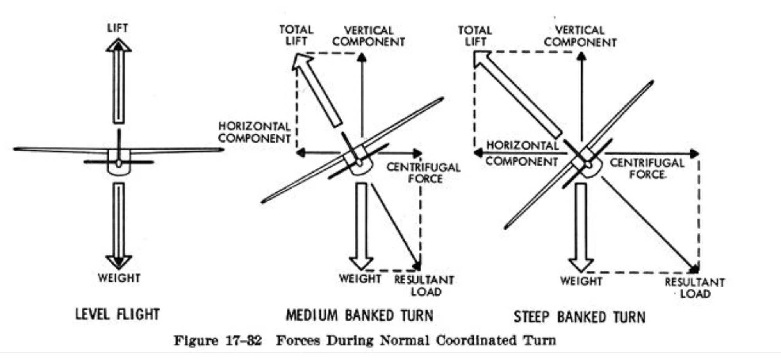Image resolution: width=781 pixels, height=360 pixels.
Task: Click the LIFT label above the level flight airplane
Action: click(x=118, y=28)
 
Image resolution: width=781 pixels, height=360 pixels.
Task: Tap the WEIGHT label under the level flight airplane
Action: click(x=119, y=278)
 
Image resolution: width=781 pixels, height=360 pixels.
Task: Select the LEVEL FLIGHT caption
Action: click(x=118, y=314)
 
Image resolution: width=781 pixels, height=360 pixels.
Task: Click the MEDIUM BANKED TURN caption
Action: click(x=359, y=315)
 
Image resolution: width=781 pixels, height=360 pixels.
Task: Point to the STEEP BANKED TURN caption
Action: click(x=579, y=317)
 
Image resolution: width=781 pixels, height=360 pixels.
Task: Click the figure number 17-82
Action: click(x=243, y=340)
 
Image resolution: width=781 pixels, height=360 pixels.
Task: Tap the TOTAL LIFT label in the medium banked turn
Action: click(x=296, y=35)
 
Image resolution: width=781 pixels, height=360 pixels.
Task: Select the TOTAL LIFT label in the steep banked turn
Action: click(x=475, y=36)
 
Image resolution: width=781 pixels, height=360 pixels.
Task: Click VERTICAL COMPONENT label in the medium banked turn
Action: click(x=368, y=36)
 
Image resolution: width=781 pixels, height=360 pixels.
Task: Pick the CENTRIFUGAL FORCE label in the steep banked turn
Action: click(x=647, y=169)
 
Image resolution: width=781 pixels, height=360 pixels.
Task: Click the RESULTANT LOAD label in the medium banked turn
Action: click(x=424, y=286)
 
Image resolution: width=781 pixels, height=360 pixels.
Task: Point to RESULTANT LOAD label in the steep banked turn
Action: click(x=695, y=288)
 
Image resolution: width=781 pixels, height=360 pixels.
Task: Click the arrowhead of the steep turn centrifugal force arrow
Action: click(x=694, y=153)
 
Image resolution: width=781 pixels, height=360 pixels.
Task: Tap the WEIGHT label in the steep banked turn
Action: click(x=581, y=281)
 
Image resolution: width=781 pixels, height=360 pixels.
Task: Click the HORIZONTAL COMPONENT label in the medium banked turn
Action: click(x=254, y=132)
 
